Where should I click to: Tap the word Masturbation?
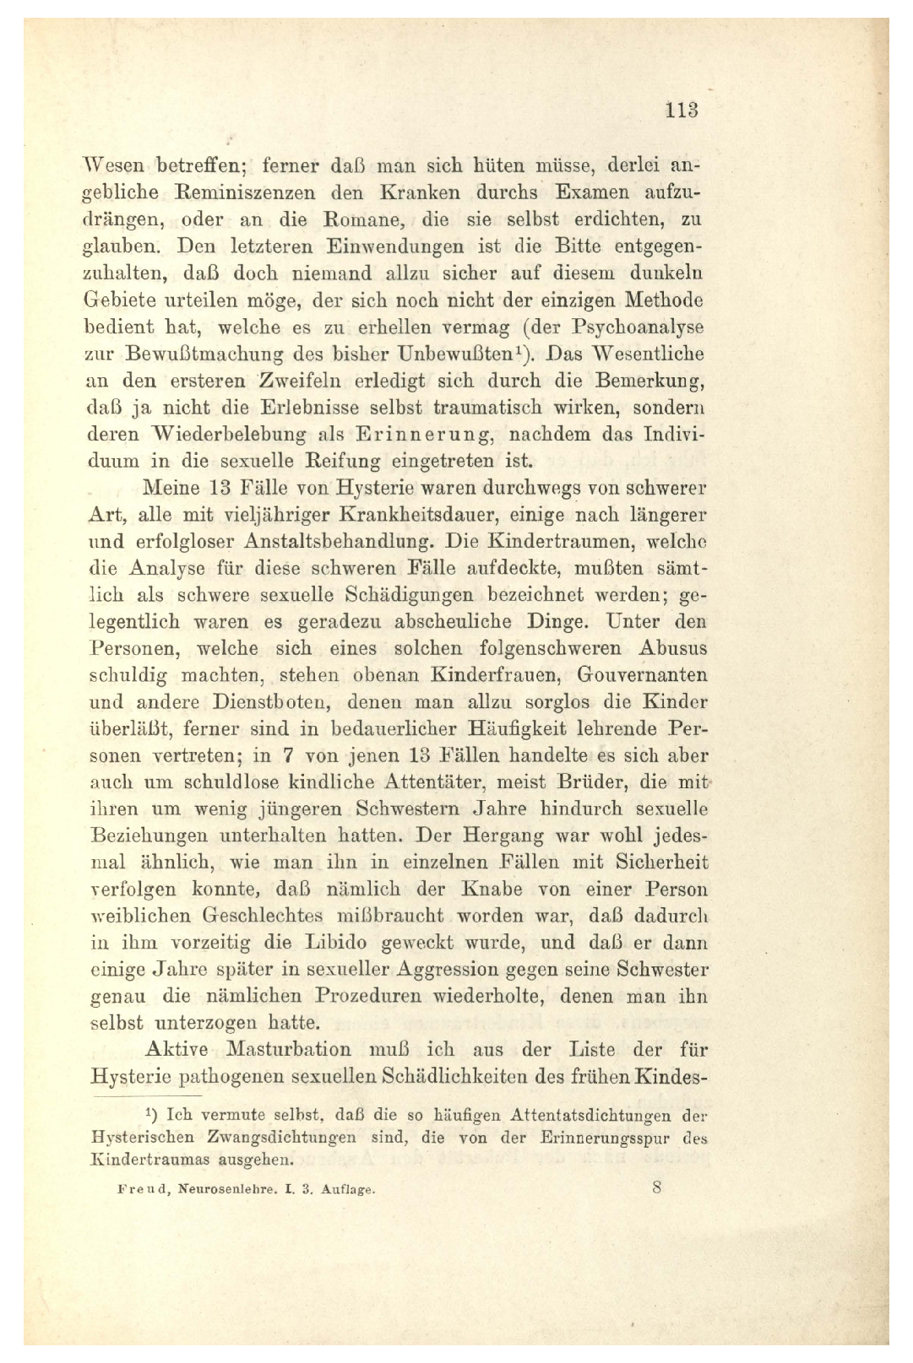tap(287, 1050)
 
